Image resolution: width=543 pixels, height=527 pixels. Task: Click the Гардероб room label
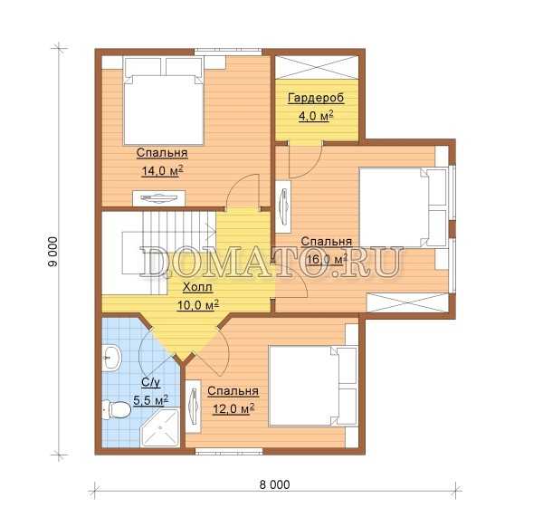tap(316, 98)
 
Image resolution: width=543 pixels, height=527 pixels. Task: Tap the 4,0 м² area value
tap(316, 116)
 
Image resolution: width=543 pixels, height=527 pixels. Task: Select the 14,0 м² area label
tap(162, 171)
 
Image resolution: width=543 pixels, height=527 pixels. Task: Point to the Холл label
tap(197, 287)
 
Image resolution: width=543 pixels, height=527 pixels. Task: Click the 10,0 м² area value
tap(197, 305)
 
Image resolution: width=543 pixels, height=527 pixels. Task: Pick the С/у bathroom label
tap(151, 382)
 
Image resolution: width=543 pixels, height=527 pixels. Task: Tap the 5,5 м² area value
tap(151, 400)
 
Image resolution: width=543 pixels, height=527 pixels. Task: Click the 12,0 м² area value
tap(233, 409)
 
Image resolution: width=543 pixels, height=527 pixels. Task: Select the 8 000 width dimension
tap(274, 484)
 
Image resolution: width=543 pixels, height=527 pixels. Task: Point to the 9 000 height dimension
tap(53, 252)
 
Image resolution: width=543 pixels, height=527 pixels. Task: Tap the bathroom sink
tap(111, 358)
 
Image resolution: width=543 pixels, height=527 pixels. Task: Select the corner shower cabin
tap(160, 427)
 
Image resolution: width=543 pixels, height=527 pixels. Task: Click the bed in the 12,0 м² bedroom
tap(313, 385)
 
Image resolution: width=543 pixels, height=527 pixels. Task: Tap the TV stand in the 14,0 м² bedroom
tap(159, 198)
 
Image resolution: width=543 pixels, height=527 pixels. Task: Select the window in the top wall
tap(228, 52)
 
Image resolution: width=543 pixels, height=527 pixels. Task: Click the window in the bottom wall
tap(229, 451)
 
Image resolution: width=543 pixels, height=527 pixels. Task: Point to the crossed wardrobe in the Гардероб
tap(317, 66)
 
